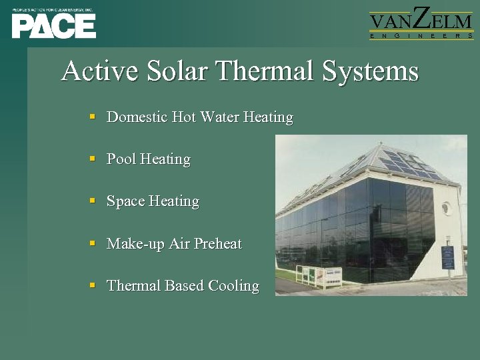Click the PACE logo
53,25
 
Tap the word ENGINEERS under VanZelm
421,37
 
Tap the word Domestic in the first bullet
137,117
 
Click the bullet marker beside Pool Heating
93,159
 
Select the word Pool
121,159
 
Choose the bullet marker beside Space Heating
93,201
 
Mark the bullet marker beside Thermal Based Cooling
93,285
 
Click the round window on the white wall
445,207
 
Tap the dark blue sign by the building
447,256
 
